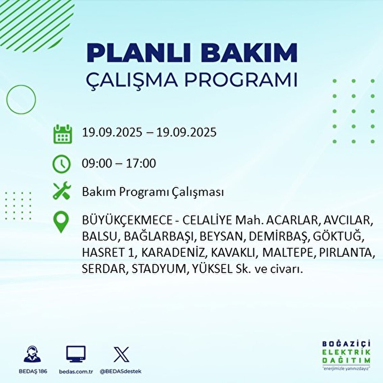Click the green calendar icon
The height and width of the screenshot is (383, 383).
(x=62, y=134)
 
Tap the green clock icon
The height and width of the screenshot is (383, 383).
(x=61, y=164)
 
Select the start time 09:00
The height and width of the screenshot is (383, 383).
(x=97, y=163)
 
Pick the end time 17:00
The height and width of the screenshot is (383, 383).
(x=141, y=163)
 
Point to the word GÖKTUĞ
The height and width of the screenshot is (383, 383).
(x=338, y=237)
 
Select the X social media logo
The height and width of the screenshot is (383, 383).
(x=121, y=355)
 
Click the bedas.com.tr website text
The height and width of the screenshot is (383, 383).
(x=76, y=372)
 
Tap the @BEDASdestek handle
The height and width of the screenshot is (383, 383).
(x=121, y=372)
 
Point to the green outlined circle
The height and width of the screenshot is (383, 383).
(x=21, y=99)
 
